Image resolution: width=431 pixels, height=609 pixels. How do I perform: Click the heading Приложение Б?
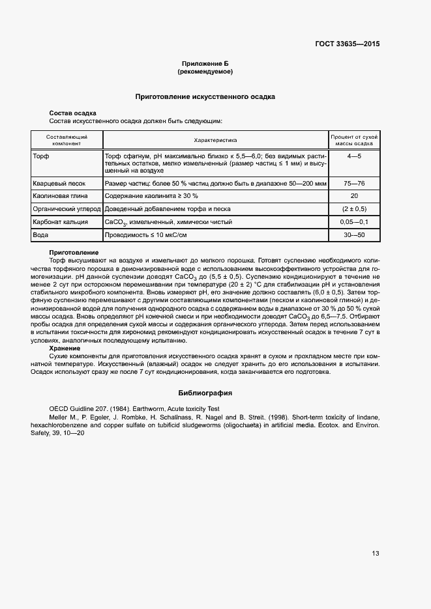pyautogui.click(x=205, y=63)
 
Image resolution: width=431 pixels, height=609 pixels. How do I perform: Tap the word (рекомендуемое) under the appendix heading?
pyautogui.click(x=205, y=71)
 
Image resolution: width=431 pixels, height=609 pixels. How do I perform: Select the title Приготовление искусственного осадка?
pyautogui.click(x=205, y=96)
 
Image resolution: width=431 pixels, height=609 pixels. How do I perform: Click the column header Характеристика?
pyautogui.click(x=215, y=140)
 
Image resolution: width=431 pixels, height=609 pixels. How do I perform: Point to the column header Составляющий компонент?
pyautogui.click(x=67, y=140)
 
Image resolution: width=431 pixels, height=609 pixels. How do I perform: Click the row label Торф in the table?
pyautogui.click(x=41, y=157)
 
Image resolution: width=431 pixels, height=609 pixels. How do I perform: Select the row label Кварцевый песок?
pyautogui.click(x=59, y=183)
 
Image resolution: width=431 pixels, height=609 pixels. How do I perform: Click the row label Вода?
pyautogui.click(x=42, y=234)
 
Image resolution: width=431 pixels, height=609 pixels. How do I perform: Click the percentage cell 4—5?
pyautogui.click(x=354, y=157)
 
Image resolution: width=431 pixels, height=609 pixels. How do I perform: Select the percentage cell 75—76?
pyautogui.click(x=354, y=183)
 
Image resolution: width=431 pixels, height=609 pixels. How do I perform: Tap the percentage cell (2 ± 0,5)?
pyautogui.click(x=354, y=208)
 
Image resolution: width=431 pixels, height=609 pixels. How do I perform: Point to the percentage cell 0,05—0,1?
pyautogui.click(x=354, y=221)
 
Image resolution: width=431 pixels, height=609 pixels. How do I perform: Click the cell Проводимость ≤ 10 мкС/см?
pyautogui.click(x=145, y=234)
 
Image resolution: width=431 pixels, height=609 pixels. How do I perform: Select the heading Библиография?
pyautogui.click(x=205, y=393)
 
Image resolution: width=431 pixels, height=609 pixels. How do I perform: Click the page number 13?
pyautogui.click(x=376, y=554)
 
